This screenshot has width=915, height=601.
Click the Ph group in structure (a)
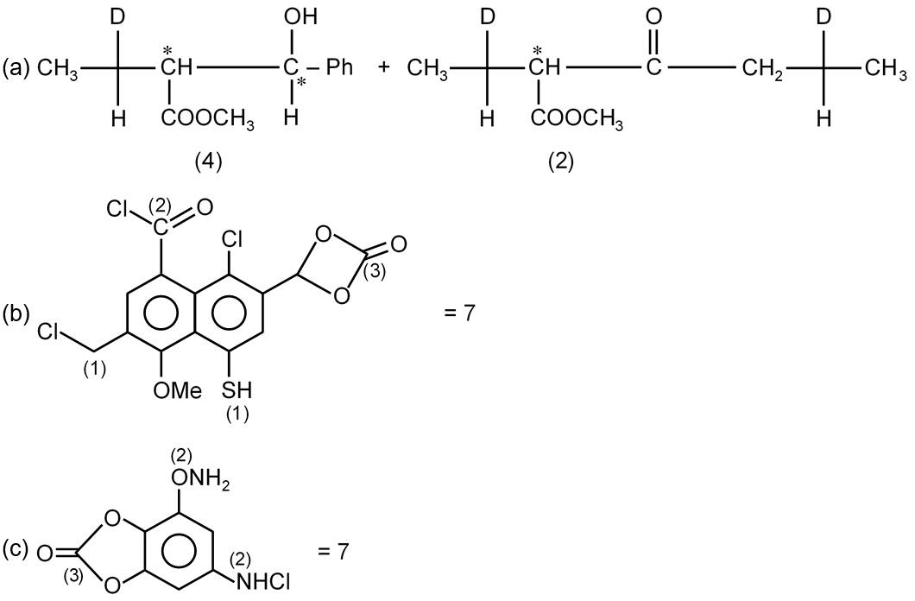pos(339,67)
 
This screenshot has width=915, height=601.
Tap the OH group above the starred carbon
pos(300,17)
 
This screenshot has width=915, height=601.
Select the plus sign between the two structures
pos(383,67)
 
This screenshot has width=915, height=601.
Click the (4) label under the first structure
pos(208,162)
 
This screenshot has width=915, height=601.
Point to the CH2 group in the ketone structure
pos(762,70)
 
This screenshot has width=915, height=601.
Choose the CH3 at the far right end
pos(887,70)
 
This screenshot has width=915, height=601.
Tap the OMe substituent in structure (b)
pos(178,389)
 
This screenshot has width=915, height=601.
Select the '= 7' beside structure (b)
pos(460,313)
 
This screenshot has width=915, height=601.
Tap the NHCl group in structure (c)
pos(262,581)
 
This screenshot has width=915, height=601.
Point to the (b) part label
pos(16,313)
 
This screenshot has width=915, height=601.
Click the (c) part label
pos(16,550)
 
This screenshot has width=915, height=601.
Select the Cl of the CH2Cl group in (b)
pos(48,332)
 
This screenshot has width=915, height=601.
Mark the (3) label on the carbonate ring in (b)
pos(374,273)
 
